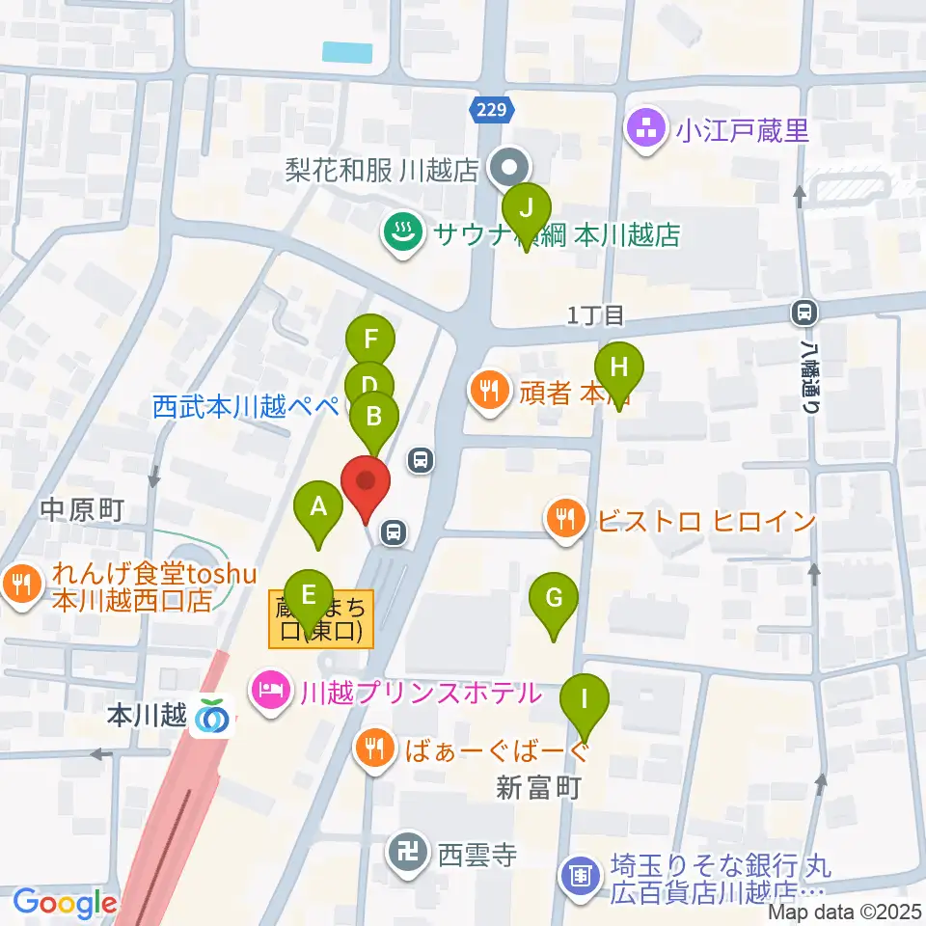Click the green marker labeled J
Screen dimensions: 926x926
(526, 208)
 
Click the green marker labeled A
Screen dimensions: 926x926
(318, 506)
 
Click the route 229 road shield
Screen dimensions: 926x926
(490, 110)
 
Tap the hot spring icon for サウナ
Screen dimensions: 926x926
(399, 232)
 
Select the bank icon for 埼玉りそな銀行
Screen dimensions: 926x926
(581, 876)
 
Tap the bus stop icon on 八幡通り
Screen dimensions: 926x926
(803, 312)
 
